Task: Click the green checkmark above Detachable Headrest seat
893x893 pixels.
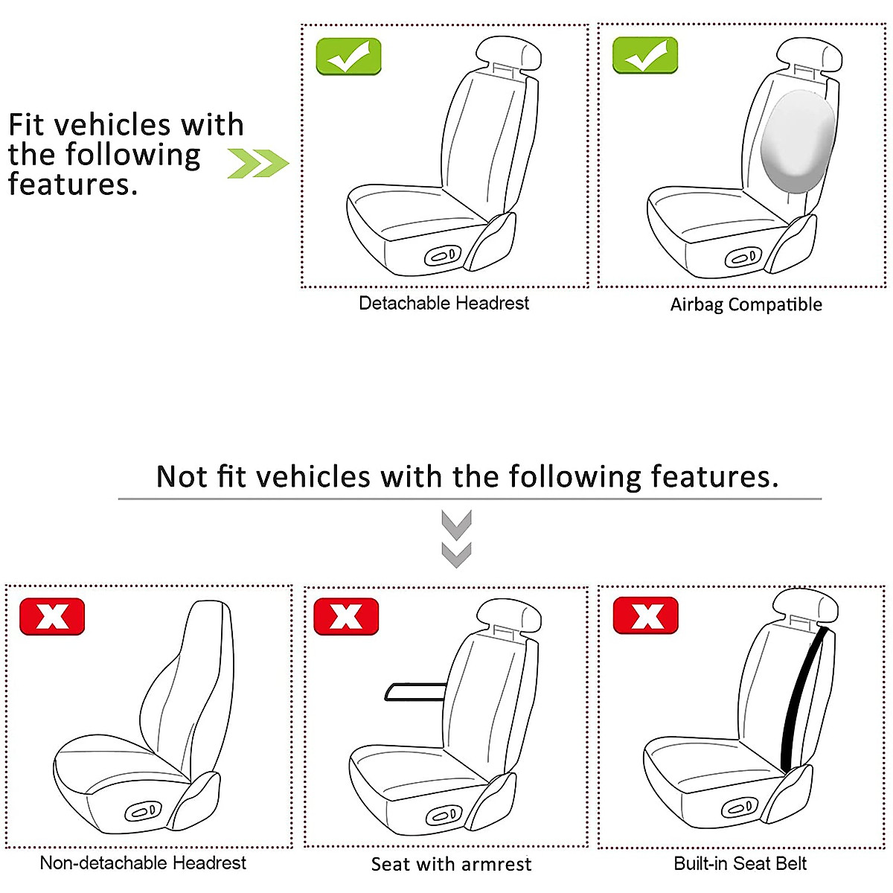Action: (x=348, y=56)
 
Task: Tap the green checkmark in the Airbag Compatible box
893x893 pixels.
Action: (x=644, y=55)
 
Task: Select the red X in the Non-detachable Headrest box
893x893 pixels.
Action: (x=52, y=616)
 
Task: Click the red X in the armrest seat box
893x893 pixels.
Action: (x=346, y=616)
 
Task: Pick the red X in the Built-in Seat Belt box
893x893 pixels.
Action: (x=645, y=615)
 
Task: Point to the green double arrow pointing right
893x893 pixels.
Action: (x=258, y=163)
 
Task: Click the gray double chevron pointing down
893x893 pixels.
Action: (x=456, y=539)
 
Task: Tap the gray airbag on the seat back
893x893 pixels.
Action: (x=798, y=141)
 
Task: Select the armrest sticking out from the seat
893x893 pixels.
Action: (x=415, y=691)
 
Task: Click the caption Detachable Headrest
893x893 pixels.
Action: (x=444, y=303)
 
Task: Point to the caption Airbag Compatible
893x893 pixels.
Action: (x=746, y=304)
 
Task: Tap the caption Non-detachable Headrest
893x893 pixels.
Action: (x=143, y=863)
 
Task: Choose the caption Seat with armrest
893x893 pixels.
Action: (x=451, y=864)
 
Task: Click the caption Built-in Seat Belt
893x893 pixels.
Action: (x=740, y=863)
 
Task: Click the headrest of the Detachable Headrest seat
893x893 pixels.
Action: (x=509, y=54)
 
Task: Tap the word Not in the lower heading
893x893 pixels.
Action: (x=182, y=476)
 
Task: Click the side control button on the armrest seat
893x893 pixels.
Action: (x=443, y=815)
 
